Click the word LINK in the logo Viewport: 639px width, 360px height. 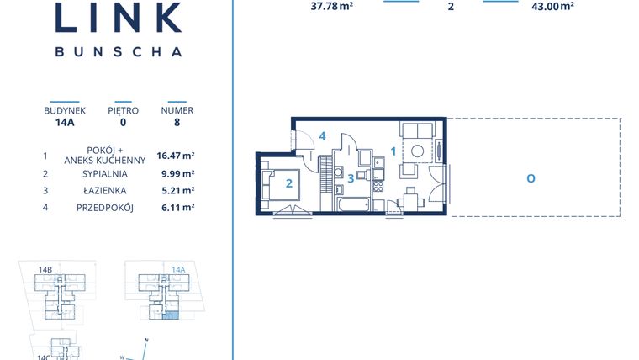118,19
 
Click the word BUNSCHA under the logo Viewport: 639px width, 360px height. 118,51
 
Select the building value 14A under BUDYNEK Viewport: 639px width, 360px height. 65,122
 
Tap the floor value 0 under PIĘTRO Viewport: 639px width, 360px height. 123,122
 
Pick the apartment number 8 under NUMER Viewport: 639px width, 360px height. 177,122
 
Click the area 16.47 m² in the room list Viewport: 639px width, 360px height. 176,156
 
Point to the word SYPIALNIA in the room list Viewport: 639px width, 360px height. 105,174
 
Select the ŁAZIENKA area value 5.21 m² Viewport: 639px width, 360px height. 176,191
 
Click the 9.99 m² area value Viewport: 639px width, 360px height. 176,174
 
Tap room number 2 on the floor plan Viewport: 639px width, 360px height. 288,183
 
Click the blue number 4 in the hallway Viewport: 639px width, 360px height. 322,136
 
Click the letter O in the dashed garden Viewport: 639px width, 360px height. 531,178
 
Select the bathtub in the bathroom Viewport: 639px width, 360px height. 352,204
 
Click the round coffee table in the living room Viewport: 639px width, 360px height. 418,152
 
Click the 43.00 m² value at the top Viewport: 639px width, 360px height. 552,6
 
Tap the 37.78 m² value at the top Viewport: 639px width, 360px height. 330,6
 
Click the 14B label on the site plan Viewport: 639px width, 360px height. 45,270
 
